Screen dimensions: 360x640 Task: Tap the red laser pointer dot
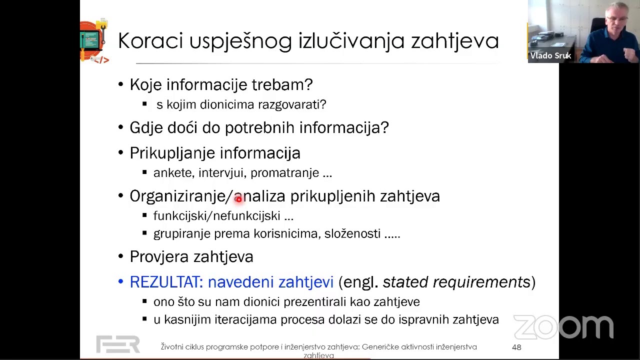(238, 199)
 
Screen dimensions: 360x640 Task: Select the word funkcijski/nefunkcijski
(216, 216)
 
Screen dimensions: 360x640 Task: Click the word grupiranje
(181, 234)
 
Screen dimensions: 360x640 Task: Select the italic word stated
(405, 282)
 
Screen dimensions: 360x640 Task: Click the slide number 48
(516, 347)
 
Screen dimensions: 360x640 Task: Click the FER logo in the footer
(118, 344)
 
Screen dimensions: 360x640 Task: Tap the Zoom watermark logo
(563, 327)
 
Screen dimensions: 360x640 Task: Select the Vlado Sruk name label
(550, 56)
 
